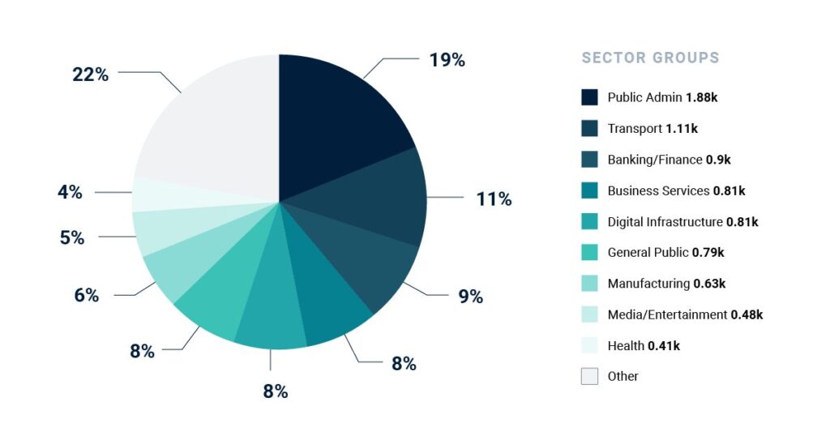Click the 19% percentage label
(x=447, y=59)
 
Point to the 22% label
(x=90, y=74)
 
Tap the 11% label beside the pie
(x=494, y=199)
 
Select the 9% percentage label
(x=470, y=296)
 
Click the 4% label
(x=70, y=192)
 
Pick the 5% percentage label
(x=71, y=237)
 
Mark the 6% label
(x=86, y=295)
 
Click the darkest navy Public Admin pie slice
(x=340, y=122)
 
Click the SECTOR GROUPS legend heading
(x=650, y=58)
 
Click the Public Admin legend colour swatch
(x=589, y=97)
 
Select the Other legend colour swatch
(x=589, y=376)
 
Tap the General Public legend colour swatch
(x=589, y=252)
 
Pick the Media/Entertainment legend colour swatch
(x=589, y=314)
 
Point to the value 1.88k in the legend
(x=702, y=97)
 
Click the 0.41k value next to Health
(x=664, y=346)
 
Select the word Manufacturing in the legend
(x=648, y=284)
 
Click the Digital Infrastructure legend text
(x=665, y=221)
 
